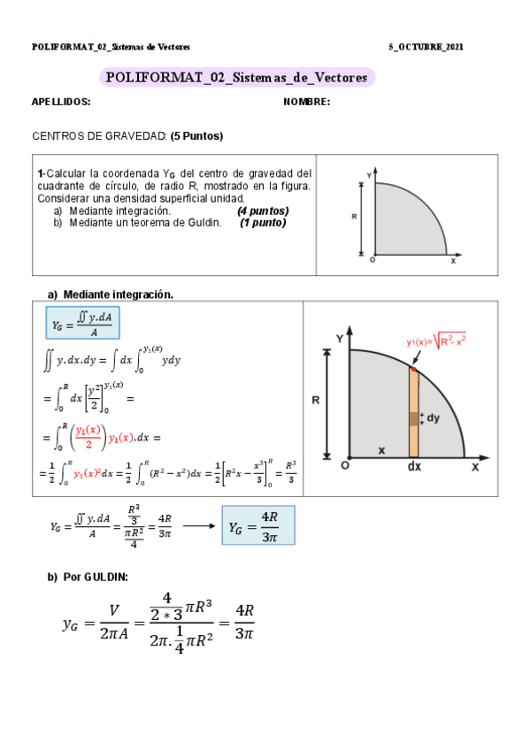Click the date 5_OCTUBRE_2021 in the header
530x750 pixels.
point(426,47)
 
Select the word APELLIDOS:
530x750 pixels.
point(61,103)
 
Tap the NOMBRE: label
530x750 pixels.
point(306,103)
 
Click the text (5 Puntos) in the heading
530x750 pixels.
point(196,136)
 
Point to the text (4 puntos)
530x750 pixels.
point(263,211)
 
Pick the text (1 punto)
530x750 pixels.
point(263,223)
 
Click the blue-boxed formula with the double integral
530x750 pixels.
point(83,323)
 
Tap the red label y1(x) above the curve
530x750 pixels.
point(436,339)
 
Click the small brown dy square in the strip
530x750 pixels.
point(414,418)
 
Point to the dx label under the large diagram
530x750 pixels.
point(414,467)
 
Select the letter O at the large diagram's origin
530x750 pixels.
point(345,465)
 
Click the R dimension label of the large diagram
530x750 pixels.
point(316,400)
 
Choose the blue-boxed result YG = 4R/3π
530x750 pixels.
point(257,525)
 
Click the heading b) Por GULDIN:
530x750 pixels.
point(87,577)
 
